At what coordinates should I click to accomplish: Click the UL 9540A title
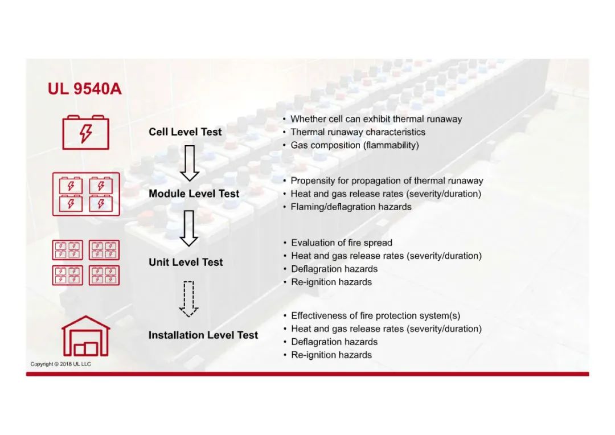[84, 89]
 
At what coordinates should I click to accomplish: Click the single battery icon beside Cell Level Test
[85, 132]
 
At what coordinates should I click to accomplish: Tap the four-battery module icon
[86, 194]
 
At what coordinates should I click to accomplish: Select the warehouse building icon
[86, 336]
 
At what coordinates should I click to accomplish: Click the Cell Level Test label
[185, 132]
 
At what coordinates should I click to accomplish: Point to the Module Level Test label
[194, 194]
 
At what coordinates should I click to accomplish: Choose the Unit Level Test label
[186, 262]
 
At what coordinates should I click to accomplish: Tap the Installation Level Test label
[203, 335]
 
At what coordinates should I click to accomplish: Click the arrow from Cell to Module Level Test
[190, 163]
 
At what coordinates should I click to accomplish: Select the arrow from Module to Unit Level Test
[189, 228]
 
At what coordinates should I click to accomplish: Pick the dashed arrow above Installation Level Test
[188, 299]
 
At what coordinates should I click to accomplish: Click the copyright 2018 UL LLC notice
[61, 364]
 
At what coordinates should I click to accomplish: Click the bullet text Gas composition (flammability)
[355, 145]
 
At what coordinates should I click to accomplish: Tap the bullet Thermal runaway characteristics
[358, 132]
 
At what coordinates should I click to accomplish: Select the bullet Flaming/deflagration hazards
[351, 207]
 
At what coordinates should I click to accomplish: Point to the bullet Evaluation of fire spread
[342, 243]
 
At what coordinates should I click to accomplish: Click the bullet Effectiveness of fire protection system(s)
[375, 316]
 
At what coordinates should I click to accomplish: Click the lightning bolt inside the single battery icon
[86, 133]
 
